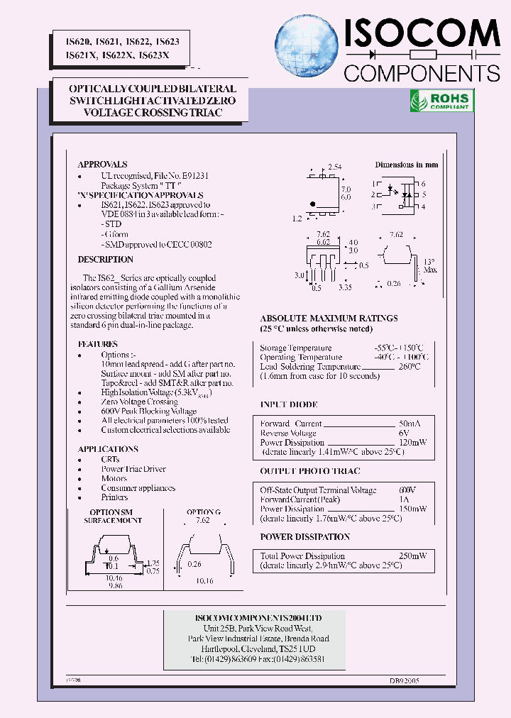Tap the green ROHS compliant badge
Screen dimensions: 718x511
(441, 101)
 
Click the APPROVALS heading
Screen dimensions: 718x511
(102, 164)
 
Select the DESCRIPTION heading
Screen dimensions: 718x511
(105, 260)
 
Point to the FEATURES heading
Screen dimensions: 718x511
(98, 344)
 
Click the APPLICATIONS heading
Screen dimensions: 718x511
(108, 449)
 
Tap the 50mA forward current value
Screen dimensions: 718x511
(409, 424)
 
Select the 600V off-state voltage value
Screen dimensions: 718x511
(407, 490)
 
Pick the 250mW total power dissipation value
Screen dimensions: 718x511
(412, 556)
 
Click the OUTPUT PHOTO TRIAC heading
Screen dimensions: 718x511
(309, 471)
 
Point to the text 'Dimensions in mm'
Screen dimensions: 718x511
(406, 165)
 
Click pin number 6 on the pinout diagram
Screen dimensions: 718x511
(423, 184)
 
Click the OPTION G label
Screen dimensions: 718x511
(204, 512)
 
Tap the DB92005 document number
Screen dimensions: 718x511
(404, 680)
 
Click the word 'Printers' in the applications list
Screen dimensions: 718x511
(114, 497)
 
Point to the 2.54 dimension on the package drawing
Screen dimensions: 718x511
(334, 167)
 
